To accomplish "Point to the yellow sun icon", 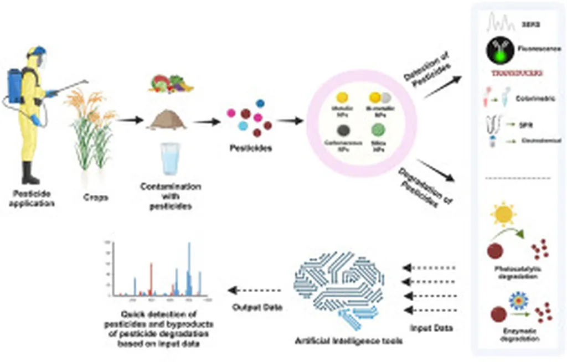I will [505, 216].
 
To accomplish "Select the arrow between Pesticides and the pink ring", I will [290, 121].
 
